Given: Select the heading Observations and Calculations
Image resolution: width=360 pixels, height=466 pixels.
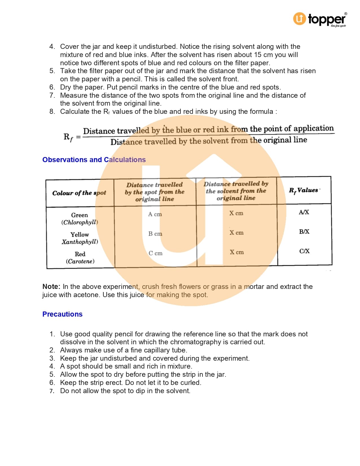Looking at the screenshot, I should click(94, 160).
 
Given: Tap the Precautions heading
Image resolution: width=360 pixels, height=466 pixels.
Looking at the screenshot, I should click(62, 314).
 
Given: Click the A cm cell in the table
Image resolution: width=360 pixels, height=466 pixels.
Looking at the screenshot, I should click(155, 214).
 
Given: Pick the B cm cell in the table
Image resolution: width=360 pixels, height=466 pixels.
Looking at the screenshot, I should click(155, 234).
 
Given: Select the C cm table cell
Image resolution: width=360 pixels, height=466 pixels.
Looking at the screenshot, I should click(156, 253).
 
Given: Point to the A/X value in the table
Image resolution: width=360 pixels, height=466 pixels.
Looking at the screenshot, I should click(304, 212).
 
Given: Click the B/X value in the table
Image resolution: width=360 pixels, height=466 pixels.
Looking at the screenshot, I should click(304, 232).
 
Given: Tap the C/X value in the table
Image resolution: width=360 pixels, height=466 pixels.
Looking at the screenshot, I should click(305, 251).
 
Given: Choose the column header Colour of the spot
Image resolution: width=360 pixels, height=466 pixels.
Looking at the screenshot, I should click(79, 193).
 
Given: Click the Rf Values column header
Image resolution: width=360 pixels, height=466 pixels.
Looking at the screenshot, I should click(304, 190).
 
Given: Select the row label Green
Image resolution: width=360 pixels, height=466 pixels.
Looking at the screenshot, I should click(79, 215).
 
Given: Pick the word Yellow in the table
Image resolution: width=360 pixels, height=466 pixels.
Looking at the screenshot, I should click(80, 235).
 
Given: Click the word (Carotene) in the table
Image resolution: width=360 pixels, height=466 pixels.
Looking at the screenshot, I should click(80, 261).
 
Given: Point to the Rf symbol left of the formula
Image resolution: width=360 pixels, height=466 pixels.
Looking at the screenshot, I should click(68, 137).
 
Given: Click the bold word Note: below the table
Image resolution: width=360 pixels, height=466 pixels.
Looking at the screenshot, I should click(51, 286).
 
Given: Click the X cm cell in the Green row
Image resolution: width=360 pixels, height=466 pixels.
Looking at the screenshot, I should click(236, 213).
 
